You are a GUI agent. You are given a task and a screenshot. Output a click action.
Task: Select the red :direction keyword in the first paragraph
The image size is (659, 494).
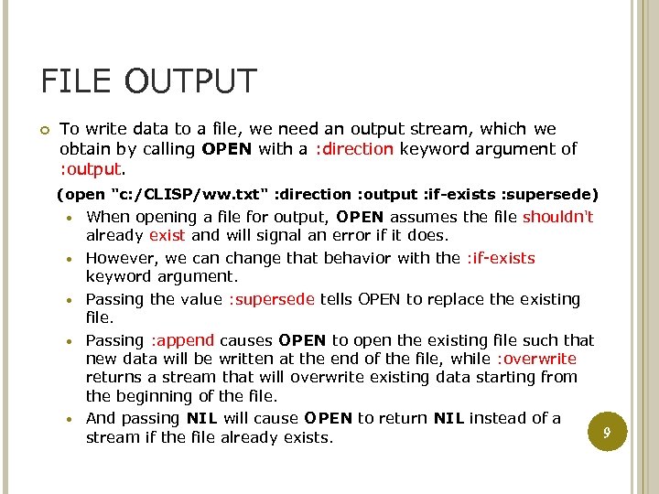354,148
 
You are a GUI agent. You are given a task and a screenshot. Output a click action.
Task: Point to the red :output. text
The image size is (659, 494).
91,168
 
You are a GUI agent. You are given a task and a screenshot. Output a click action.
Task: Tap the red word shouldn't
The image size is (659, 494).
558,217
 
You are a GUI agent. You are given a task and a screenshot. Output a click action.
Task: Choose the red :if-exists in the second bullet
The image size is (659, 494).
501,258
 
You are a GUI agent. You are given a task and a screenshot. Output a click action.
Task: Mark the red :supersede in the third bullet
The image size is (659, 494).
272,299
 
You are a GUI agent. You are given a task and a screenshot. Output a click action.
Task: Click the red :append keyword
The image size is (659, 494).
182,340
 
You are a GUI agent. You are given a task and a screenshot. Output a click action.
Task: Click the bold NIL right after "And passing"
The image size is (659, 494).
201,418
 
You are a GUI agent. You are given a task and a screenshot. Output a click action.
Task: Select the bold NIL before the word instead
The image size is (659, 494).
448,418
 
